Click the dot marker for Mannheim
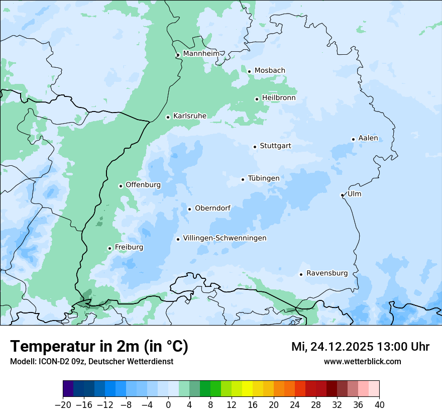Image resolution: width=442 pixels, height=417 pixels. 178,55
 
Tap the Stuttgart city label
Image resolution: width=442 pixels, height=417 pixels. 275,146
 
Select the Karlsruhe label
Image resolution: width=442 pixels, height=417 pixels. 189,116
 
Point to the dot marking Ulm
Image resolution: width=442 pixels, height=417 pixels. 342,195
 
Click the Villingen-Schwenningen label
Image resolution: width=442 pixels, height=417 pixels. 225,238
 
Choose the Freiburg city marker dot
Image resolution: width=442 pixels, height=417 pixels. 109,248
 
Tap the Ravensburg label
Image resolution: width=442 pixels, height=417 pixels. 326,273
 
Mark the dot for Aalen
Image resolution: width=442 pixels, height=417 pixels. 353,139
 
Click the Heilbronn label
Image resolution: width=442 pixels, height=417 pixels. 279,98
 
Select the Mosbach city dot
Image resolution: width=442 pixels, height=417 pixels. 249,71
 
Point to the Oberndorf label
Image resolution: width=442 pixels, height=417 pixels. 212,208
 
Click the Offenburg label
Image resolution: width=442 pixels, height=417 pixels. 143,185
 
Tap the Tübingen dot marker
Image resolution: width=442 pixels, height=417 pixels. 243,179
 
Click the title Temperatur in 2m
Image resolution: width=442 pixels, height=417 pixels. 99,347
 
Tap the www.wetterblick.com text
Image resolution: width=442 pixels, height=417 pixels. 362,362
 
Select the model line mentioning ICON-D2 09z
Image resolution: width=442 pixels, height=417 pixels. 91,362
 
